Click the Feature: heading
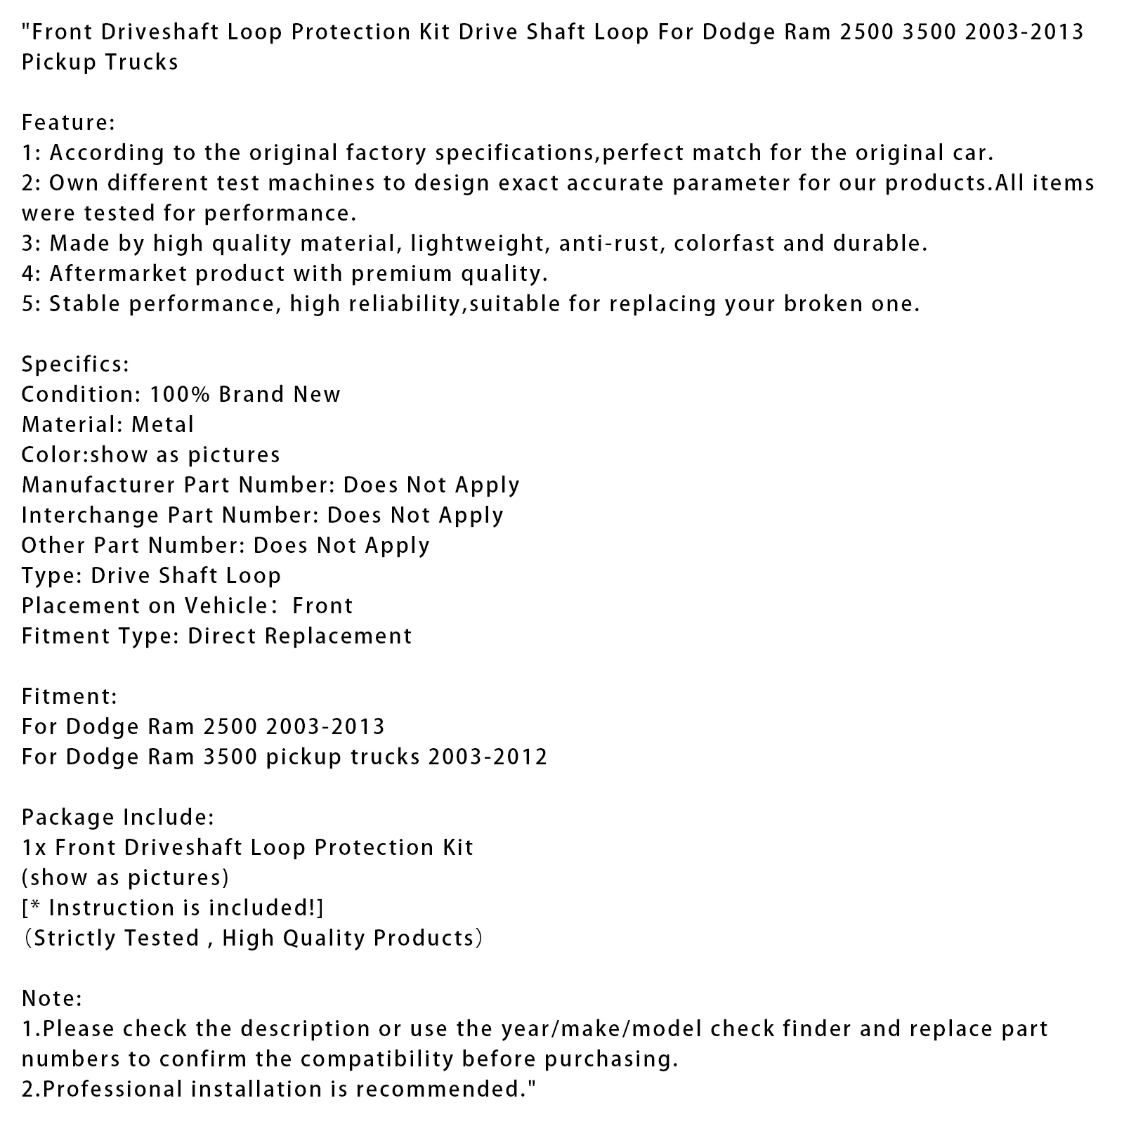tap(68, 123)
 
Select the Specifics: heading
tap(75, 364)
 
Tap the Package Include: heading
tap(117, 817)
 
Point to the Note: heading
tap(52, 998)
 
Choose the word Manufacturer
tap(98, 485)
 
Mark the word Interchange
tap(91, 515)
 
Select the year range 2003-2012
tap(488, 757)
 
